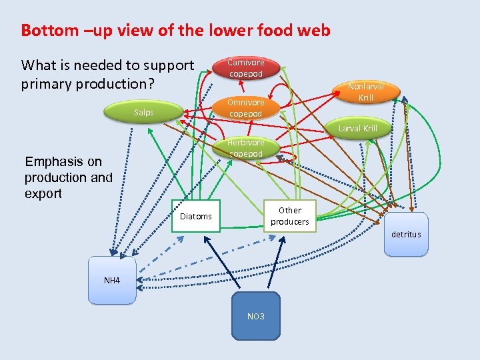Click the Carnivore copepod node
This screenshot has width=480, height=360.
tap(246, 68)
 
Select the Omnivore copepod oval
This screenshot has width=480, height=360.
tap(245, 108)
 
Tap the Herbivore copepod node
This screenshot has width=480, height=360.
tap(245, 148)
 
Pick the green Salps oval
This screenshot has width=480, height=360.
tap(143, 113)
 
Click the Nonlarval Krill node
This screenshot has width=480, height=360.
tap(365, 92)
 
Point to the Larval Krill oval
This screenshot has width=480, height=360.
tap(357, 128)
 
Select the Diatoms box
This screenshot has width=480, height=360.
tap(196, 216)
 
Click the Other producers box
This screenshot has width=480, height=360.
tap(290, 215)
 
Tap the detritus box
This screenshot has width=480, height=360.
tap(406, 234)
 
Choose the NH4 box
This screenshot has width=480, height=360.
tap(112, 281)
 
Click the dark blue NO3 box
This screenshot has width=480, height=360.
tap(256, 315)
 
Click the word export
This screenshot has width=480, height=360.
tap(43, 194)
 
